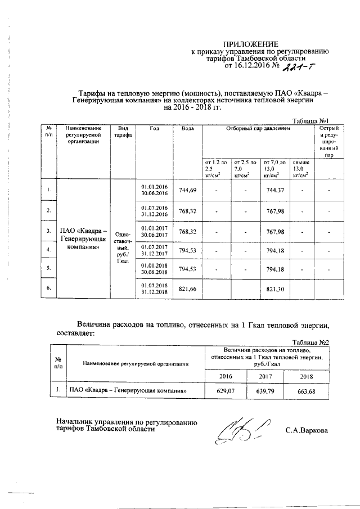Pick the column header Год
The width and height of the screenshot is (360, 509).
155,129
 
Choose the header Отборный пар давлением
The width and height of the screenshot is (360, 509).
258,129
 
